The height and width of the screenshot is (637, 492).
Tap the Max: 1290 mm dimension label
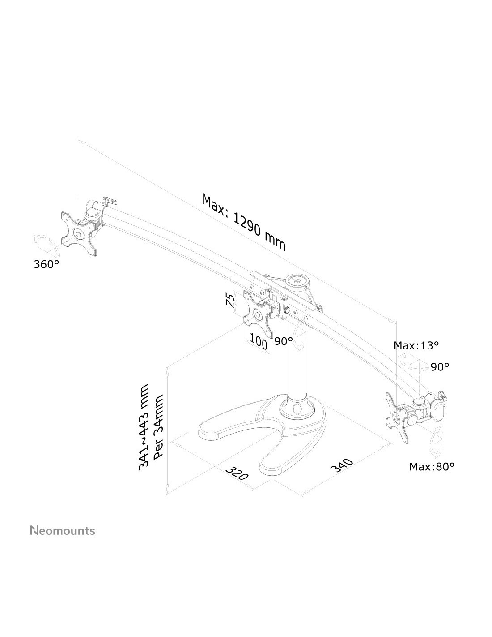243,222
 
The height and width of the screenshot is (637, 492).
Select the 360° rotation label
47,264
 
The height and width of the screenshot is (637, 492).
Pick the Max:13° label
416,346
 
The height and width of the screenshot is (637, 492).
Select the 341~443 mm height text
144,427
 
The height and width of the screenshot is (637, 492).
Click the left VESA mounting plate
78,234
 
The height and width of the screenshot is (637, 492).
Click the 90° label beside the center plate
283,341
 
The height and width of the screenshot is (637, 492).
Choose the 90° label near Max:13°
440,367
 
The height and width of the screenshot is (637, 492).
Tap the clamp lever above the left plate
110,201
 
